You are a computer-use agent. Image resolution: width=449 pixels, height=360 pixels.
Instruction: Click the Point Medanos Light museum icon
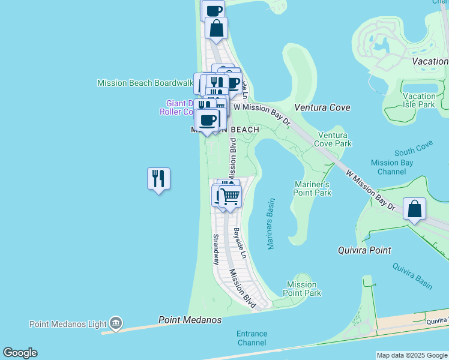click(116, 324)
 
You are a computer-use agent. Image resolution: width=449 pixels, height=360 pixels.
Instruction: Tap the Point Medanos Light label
click(69, 324)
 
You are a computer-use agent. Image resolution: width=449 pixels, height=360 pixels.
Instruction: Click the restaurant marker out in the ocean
click(158, 179)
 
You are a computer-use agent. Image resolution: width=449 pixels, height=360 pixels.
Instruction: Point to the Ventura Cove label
click(322, 107)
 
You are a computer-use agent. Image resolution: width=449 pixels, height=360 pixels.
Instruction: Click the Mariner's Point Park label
click(312, 188)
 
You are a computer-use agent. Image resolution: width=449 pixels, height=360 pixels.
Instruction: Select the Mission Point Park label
click(302, 289)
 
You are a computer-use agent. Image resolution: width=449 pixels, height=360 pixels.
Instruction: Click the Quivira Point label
click(364, 250)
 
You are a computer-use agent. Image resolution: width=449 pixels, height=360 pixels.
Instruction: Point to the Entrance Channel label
click(252, 338)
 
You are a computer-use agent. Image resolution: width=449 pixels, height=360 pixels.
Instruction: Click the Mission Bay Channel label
click(392, 167)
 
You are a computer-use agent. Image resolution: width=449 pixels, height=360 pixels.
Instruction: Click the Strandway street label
click(216, 250)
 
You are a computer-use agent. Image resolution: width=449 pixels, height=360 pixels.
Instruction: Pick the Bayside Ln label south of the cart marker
click(240, 243)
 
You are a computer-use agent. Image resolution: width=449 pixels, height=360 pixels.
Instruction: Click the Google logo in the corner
click(20, 353)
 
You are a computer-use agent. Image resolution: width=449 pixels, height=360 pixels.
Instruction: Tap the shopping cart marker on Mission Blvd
click(231, 196)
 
